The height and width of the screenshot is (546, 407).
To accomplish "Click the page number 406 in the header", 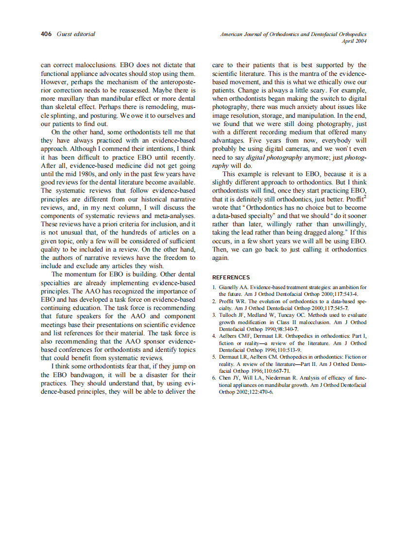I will click(x=46, y=34).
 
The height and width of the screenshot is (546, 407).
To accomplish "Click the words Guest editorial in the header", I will click(x=76, y=34).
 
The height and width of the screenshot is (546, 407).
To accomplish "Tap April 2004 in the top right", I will click(x=354, y=41).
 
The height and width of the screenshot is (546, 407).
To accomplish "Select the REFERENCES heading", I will click(x=231, y=277).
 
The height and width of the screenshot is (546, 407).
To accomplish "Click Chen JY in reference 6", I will click(x=228, y=378).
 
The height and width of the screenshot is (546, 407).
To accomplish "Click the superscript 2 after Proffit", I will click(x=365, y=197).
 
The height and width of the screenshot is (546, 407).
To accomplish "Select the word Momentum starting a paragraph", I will click(x=81, y=274).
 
